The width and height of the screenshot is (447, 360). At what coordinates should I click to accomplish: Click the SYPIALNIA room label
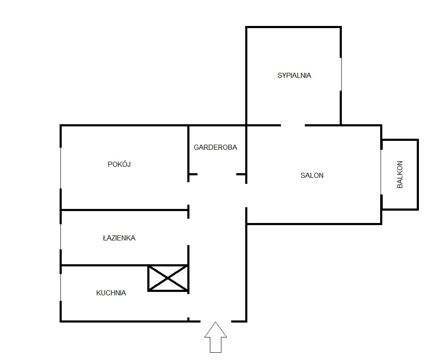(x=294, y=76)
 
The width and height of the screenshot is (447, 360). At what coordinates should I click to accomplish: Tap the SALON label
(x=312, y=175)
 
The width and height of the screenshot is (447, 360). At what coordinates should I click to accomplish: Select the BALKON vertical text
(x=400, y=174)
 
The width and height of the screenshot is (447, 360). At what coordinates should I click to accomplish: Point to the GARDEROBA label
(x=215, y=147)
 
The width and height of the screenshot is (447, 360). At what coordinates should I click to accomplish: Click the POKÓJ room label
(x=119, y=164)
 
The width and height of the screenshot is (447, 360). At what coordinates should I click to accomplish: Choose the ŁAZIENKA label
(x=119, y=238)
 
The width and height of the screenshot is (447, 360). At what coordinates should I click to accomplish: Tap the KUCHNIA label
(x=111, y=293)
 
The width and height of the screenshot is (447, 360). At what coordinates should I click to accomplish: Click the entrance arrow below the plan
(x=215, y=337)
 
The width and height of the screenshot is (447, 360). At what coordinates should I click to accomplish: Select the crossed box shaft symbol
(x=168, y=278)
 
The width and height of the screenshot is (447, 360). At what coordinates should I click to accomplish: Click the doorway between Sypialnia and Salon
(x=293, y=125)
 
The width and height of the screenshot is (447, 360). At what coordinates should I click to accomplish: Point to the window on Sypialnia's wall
(x=341, y=74)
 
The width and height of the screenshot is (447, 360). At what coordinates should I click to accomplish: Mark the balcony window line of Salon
(x=381, y=172)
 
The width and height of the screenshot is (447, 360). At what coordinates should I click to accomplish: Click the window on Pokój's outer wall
(x=61, y=168)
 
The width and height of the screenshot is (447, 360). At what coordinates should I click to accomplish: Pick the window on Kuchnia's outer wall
(x=61, y=287)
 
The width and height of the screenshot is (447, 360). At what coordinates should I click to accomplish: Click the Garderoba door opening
(x=217, y=174)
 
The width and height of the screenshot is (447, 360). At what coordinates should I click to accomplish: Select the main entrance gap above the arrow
(x=216, y=321)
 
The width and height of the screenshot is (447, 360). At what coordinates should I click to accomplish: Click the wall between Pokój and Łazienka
(x=125, y=210)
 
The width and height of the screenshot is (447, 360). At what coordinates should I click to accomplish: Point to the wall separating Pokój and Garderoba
(x=189, y=150)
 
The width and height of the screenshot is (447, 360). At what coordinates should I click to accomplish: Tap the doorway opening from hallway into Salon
(x=246, y=195)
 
